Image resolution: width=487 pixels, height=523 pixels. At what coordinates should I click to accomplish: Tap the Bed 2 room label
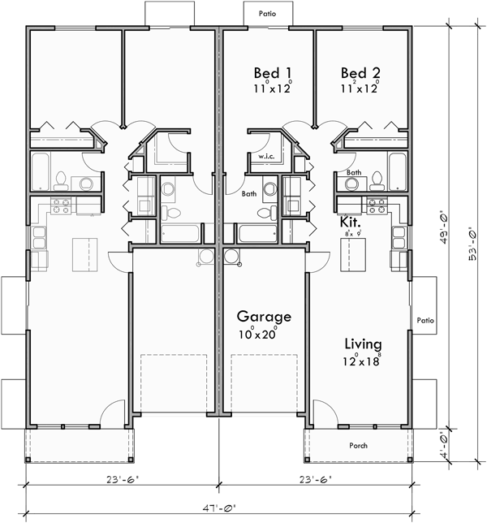point(360,72)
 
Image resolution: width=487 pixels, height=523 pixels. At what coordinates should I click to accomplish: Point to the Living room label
point(362,343)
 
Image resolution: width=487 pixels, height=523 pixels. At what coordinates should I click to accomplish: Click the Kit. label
point(351,221)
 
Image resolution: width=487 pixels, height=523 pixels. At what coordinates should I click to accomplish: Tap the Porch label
point(358,444)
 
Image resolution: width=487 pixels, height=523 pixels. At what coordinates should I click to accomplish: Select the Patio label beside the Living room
point(425,320)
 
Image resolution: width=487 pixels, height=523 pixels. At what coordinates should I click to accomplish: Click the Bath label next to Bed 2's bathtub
point(354,172)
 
